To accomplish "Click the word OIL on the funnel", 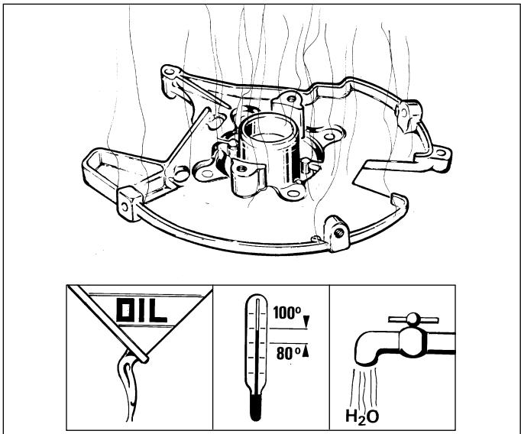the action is [x=141, y=310].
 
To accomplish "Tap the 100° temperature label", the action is [x=287, y=313].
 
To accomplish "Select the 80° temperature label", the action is [x=288, y=353].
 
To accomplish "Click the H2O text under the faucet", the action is [x=362, y=416].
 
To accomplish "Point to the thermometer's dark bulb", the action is [x=256, y=407].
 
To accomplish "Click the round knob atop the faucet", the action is [x=413, y=319].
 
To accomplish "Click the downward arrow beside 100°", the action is [x=306, y=321].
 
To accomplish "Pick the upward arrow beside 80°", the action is [x=306, y=351].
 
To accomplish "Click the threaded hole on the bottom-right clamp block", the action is [x=339, y=233].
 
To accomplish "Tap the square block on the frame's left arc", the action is [x=130, y=203].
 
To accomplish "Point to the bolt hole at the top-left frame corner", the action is [x=170, y=72].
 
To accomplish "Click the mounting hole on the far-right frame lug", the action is [x=441, y=153].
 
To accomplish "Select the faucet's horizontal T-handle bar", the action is [x=413, y=320].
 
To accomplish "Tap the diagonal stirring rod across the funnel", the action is [x=108, y=324].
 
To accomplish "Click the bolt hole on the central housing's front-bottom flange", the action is [x=293, y=194].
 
